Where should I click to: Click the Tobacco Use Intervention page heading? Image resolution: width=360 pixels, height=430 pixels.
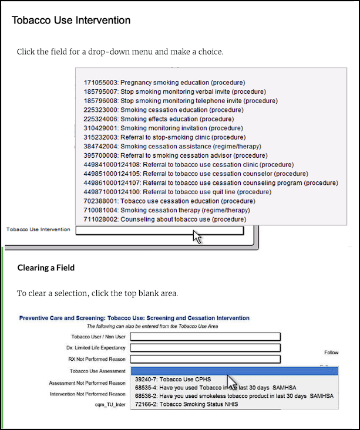(71, 21)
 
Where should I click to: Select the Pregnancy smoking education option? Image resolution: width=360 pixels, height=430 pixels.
(164, 83)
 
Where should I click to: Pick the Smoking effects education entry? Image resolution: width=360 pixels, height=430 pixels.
(159, 119)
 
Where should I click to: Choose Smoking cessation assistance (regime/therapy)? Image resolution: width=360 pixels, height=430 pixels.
(173, 146)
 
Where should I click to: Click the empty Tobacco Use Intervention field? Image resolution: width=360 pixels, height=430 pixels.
(159, 230)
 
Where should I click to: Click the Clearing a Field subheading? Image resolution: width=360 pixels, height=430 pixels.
(46, 268)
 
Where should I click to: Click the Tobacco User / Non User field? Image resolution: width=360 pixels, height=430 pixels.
(205, 337)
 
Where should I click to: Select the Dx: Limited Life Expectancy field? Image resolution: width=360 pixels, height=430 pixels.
(205, 348)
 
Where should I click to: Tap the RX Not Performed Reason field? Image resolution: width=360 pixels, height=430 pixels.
(205, 359)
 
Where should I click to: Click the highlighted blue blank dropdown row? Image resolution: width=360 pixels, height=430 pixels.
(234, 371)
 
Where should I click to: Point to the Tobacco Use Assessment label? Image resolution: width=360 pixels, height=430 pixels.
(97, 371)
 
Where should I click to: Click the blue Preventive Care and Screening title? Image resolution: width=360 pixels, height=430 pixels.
(134, 318)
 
